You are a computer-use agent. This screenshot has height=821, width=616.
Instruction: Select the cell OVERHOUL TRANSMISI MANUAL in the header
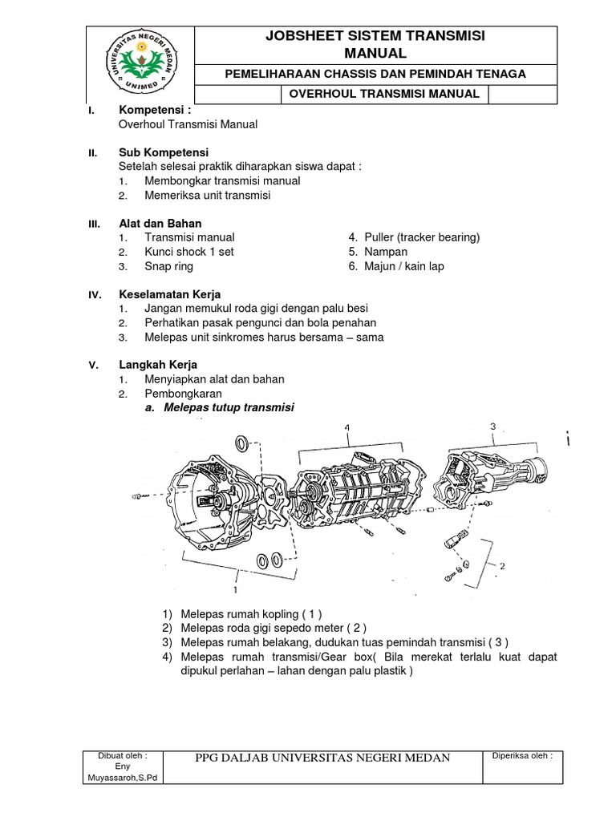pyautogui.click(x=384, y=94)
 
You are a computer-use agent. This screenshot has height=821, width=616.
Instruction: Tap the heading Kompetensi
pyautogui.click(x=155, y=109)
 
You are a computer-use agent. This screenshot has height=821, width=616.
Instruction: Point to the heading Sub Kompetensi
pyautogui.click(x=164, y=152)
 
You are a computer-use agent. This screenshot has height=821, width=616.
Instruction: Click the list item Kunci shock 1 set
pyautogui.click(x=188, y=252)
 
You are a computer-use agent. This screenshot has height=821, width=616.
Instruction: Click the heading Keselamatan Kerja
pyautogui.click(x=169, y=295)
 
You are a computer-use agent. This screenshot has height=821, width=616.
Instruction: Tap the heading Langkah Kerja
pyautogui.click(x=158, y=365)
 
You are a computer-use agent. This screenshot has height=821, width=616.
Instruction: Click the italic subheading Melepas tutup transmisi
pyautogui.click(x=229, y=408)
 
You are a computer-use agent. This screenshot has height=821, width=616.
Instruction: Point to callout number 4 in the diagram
pyautogui.click(x=347, y=428)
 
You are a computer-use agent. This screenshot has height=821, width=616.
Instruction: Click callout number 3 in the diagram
pyautogui.click(x=492, y=425)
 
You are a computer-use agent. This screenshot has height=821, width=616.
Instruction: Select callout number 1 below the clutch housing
pyautogui.click(x=235, y=589)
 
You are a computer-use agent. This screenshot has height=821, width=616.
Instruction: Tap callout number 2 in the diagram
pyautogui.click(x=502, y=565)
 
